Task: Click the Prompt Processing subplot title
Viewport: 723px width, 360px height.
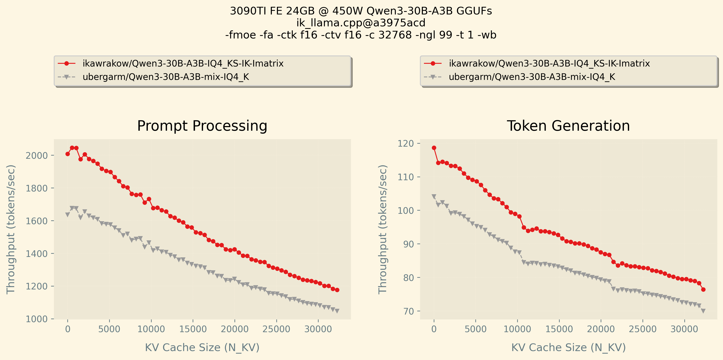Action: tap(202, 126)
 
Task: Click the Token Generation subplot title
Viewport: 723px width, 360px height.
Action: tap(568, 126)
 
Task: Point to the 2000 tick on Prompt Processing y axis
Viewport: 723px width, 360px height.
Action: tap(37, 156)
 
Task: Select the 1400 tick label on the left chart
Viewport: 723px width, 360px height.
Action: tap(37, 254)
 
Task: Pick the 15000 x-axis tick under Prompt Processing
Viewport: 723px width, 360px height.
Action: tap(193, 329)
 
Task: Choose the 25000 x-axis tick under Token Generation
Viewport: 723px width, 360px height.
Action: tap(643, 329)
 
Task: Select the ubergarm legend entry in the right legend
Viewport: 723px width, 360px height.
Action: tap(532, 77)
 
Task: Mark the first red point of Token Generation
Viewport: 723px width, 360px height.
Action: tap(434, 148)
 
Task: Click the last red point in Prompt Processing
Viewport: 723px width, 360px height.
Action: tap(337, 290)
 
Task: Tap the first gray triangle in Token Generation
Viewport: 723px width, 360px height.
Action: tap(434, 197)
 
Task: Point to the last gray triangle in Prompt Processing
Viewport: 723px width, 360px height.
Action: tap(337, 311)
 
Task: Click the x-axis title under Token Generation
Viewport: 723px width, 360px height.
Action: tap(568, 347)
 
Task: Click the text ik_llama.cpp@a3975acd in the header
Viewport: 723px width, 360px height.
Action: tap(361, 23)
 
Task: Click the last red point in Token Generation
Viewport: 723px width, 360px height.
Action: tap(703, 289)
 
